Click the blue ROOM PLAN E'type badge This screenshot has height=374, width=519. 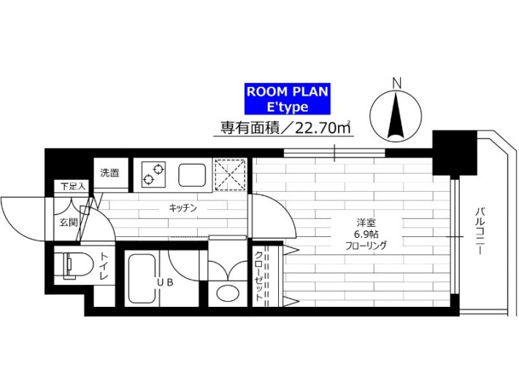click(x=286, y=99)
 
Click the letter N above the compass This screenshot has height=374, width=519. click(x=396, y=82)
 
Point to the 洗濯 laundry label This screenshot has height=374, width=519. click(x=110, y=173)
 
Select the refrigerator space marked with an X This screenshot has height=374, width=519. click(x=231, y=174)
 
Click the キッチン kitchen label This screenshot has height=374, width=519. click(x=183, y=208)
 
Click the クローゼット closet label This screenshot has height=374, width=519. click(x=260, y=277)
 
